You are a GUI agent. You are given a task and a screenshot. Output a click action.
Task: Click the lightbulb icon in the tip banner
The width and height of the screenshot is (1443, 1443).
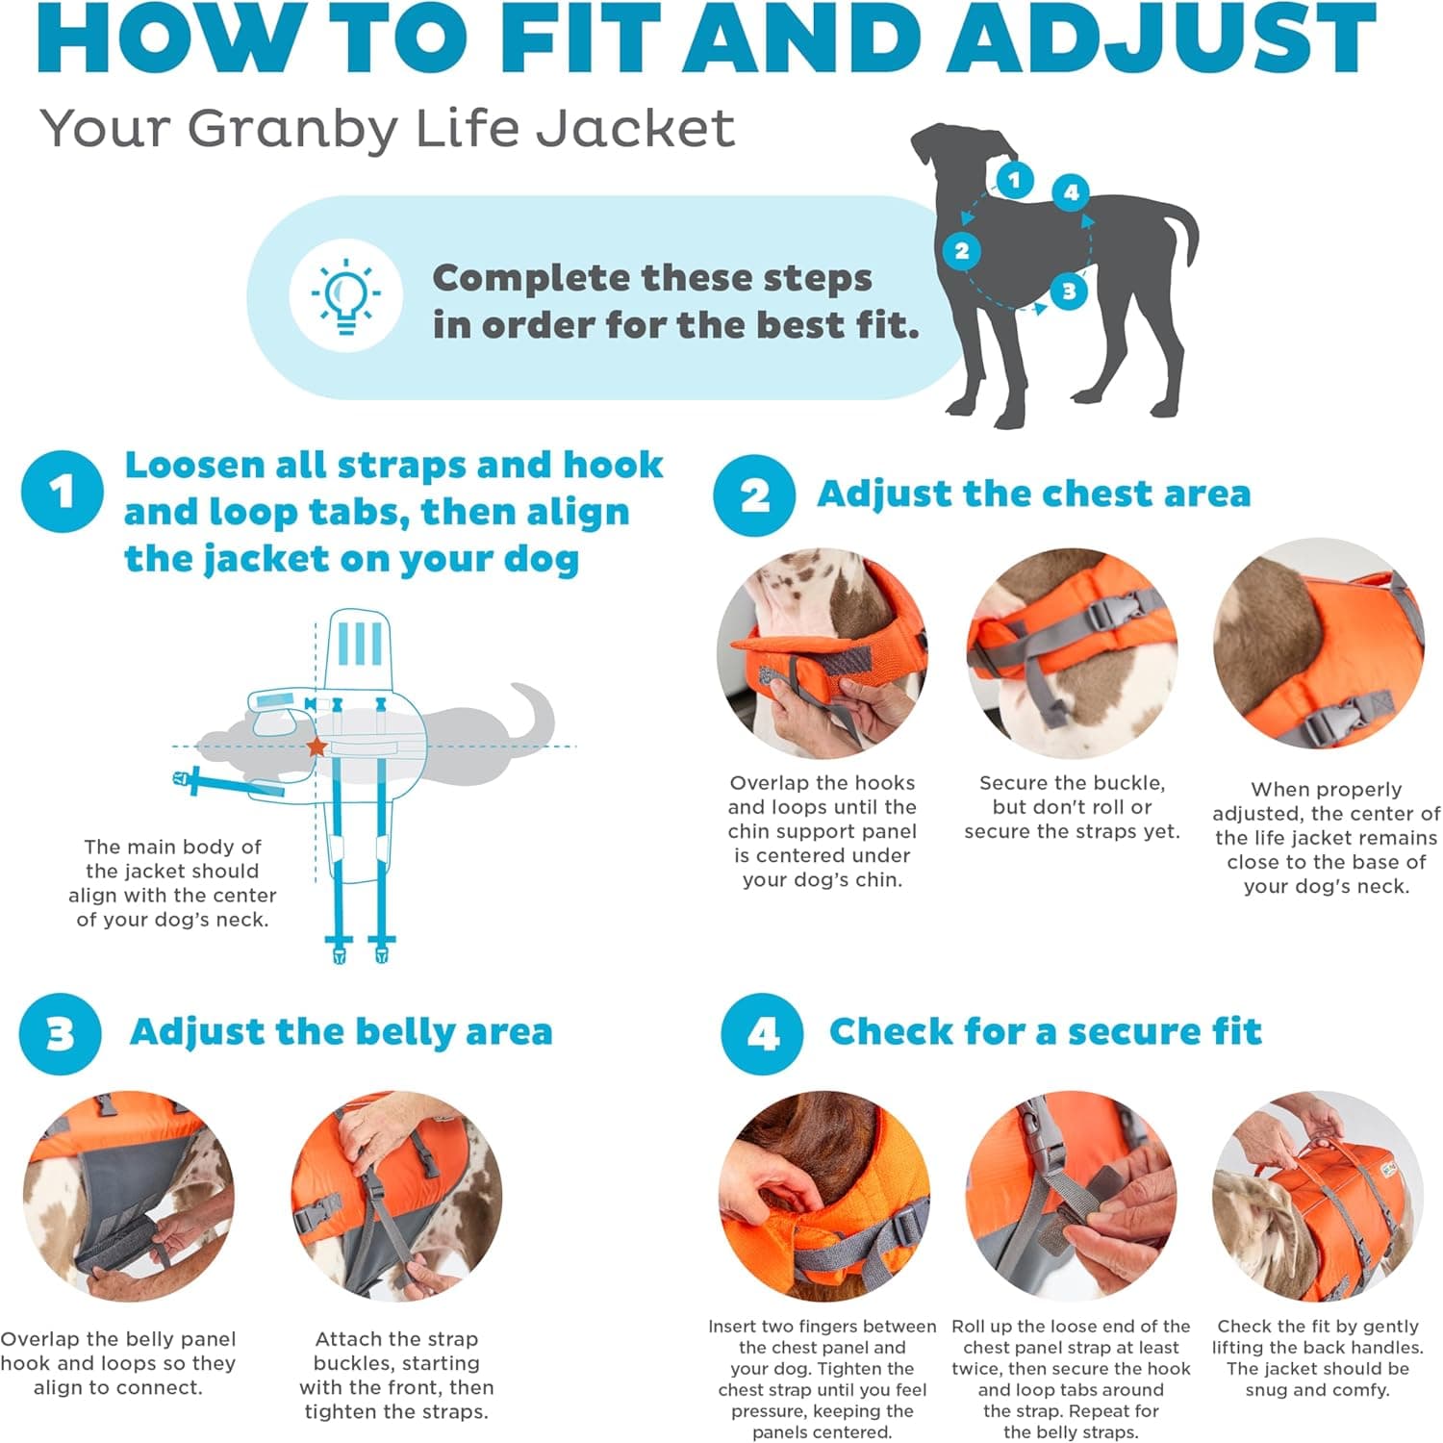(x=345, y=295)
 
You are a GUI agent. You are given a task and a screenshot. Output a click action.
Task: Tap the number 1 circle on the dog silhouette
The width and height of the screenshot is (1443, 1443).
(x=1014, y=179)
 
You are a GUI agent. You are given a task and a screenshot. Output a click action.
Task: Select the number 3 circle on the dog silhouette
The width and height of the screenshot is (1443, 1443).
(x=1069, y=291)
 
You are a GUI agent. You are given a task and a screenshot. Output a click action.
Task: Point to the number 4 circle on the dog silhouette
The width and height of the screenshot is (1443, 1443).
(x=1071, y=192)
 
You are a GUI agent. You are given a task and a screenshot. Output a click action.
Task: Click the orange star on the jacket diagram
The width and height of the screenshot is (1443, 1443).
(x=316, y=747)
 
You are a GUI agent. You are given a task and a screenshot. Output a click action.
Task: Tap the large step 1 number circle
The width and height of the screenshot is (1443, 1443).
(x=63, y=492)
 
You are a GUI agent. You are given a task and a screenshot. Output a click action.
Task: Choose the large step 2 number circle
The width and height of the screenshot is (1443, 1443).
(x=754, y=495)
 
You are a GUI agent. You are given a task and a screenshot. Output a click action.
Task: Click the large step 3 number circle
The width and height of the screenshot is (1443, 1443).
(x=60, y=1034)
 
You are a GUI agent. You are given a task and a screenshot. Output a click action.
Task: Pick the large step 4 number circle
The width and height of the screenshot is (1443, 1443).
(x=762, y=1034)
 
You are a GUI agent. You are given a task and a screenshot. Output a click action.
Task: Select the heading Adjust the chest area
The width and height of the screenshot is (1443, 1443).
(x=1033, y=494)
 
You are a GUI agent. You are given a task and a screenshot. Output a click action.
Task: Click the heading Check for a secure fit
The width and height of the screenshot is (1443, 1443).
(x=1045, y=1031)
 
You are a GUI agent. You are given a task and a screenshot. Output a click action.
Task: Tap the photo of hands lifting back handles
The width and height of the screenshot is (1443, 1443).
(x=1318, y=1196)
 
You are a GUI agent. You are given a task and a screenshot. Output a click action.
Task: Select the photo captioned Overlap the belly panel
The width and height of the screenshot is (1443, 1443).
(x=128, y=1196)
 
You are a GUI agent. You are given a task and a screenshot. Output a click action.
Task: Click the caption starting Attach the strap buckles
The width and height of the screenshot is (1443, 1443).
(x=396, y=1375)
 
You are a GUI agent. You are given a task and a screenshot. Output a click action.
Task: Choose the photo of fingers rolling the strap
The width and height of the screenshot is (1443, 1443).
(x=1071, y=1196)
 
